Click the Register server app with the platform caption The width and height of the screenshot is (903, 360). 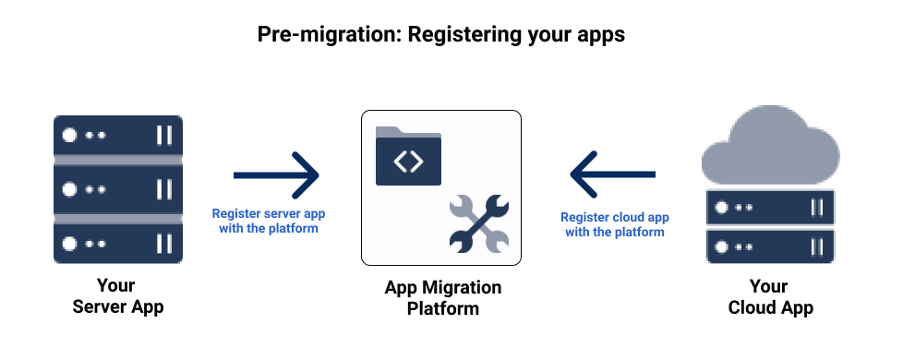click(269, 220)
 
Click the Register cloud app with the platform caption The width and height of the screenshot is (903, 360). click(615, 224)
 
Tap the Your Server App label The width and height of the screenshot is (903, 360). click(117, 296)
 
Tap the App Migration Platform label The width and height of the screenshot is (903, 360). click(442, 297)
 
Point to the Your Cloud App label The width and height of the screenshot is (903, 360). click(770, 296)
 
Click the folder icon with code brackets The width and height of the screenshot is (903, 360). click(408, 157)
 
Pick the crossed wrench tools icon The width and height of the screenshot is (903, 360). click(477, 223)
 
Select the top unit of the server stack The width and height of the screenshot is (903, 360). click(117, 135)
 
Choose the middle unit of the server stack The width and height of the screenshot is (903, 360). click(117, 189)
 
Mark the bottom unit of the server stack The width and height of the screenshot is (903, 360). click(117, 243)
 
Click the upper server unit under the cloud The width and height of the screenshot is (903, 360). click(769, 208)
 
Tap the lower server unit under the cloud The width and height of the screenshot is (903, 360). click(769, 246)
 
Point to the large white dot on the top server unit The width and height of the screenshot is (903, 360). click(69, 135)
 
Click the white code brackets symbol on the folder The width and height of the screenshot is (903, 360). click(408, 162)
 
